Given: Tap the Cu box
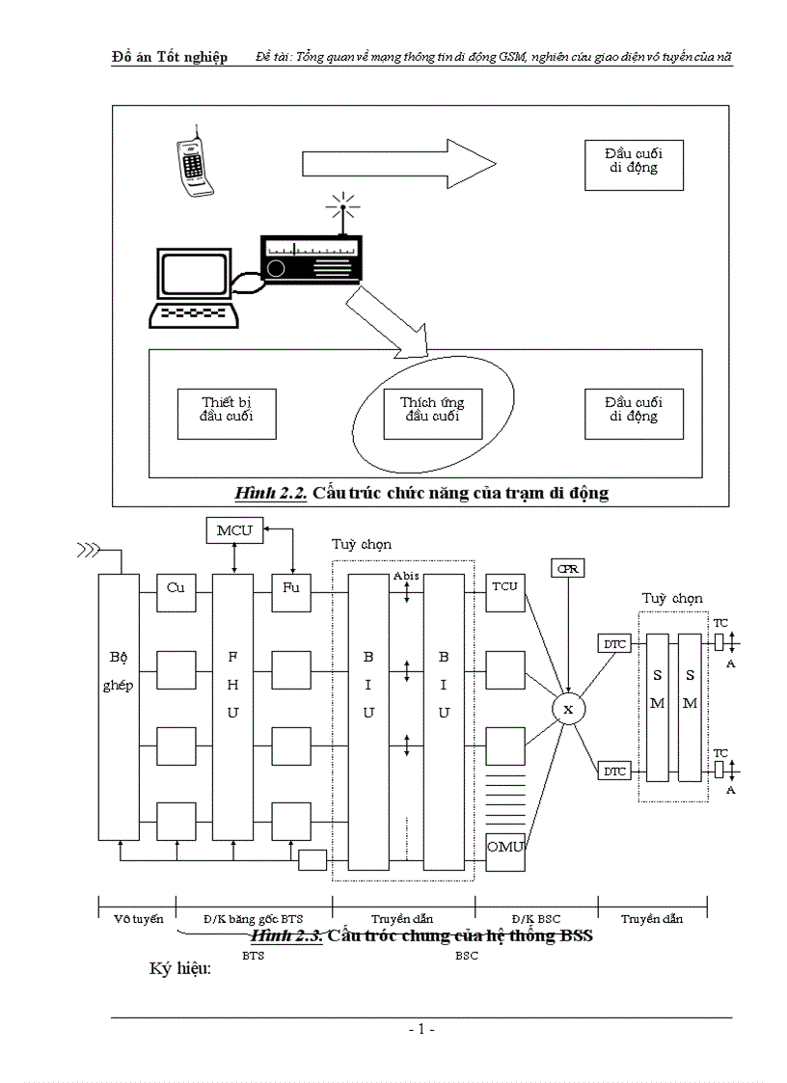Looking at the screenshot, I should [176, 588].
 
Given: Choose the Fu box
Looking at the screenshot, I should [290, 588].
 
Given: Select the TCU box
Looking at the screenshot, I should [504, 588].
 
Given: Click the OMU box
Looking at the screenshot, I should [504, 847].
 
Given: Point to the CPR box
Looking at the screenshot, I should [567, 569].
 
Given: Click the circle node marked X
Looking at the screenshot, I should [567, 710].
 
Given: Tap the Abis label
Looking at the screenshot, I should [406, 576].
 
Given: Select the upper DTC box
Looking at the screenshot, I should [614, 643].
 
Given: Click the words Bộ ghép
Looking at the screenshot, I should [119, 671].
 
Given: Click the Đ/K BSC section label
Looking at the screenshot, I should [535, 919].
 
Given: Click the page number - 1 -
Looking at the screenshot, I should [421, 1030].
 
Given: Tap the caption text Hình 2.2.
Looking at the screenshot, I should [270, 493].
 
